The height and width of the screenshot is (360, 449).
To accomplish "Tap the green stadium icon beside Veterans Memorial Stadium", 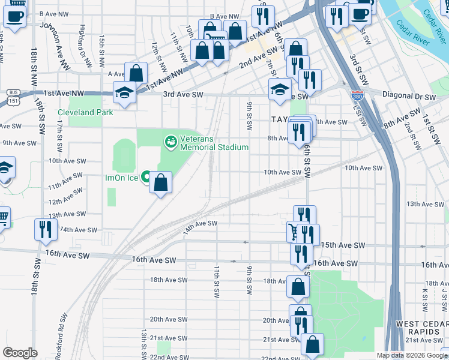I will point(170,142).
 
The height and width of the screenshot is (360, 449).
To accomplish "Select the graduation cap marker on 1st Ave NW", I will point(125,93).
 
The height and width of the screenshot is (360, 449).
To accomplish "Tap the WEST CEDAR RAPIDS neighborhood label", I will point(420,328).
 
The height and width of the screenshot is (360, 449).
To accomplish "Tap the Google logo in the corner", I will point(20,352).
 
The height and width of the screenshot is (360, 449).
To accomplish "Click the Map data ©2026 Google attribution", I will point(411,355).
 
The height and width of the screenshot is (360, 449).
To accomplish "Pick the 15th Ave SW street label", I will point(343,245).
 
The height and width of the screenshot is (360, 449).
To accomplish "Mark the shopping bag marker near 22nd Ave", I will point(312,344).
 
